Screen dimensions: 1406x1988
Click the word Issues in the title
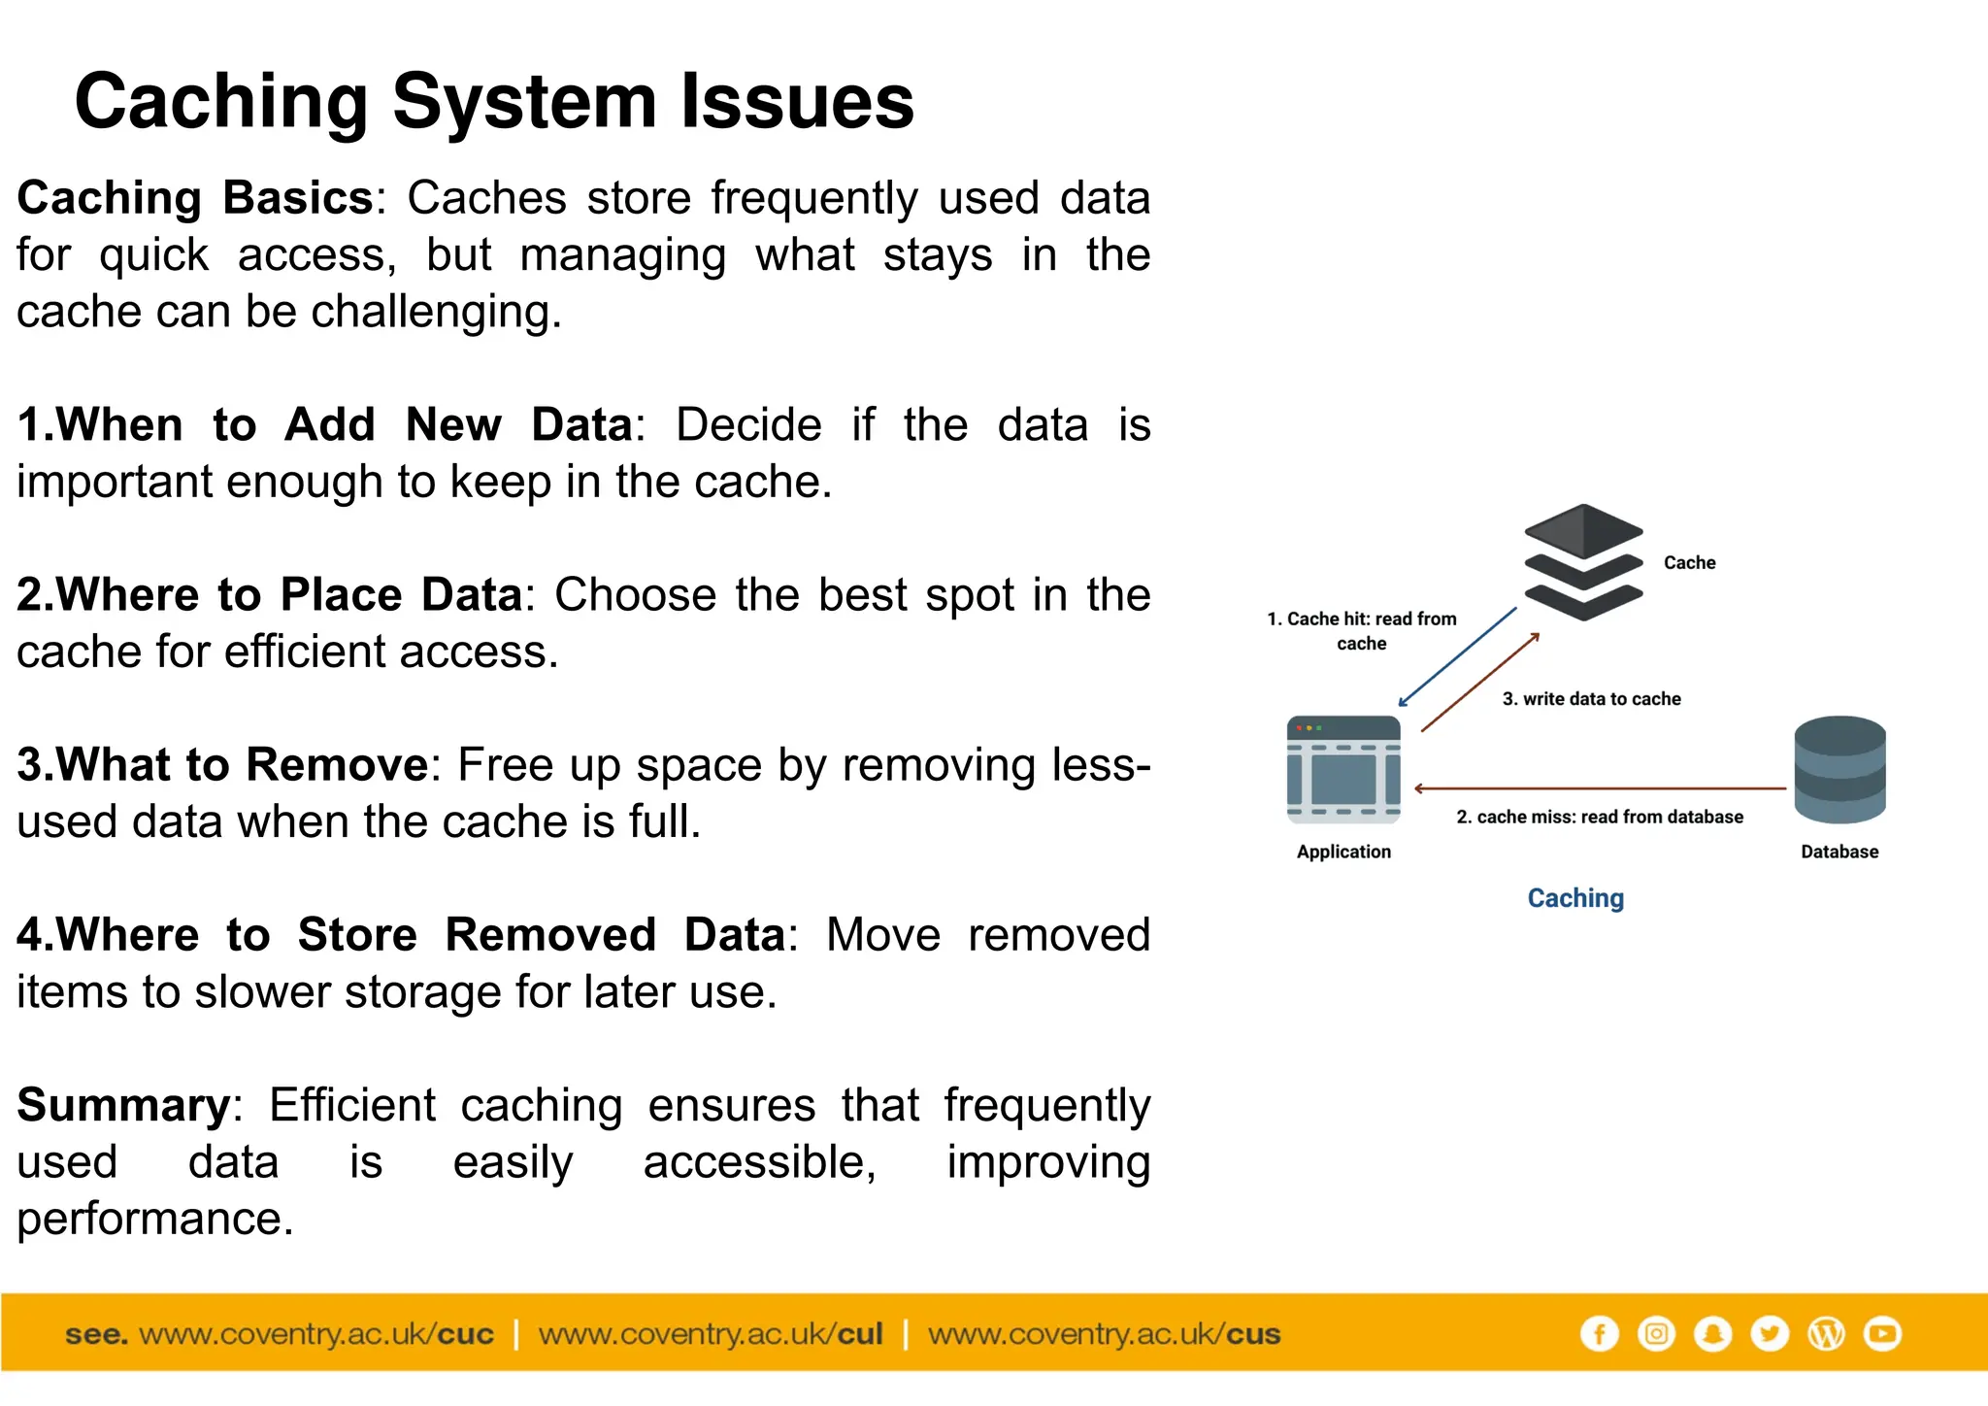[x=796, y=102]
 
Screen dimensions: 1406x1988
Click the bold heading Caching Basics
[x=194, y=198]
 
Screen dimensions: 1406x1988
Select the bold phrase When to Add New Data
[x=325, y=425]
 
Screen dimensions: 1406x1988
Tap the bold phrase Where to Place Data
[x=270, y=595]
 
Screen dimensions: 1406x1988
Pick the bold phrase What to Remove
[x=222, y=765]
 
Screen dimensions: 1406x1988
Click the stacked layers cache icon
[x=1582, y=562]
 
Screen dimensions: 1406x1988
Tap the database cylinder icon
[x=1839, y=769]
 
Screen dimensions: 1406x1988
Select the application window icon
[x=1343, y=769]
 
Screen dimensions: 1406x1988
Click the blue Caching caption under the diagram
[x=1575, y=898]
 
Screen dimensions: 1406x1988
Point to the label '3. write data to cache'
[x=1591, y=699]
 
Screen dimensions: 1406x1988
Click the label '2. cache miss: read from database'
[x=1599, y=818]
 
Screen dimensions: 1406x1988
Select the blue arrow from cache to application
[x=1456, y=658]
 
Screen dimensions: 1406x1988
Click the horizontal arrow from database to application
[x=1599, y=788]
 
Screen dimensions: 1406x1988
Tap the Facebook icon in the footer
[x=1599, y=1333]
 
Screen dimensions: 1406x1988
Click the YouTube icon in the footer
[x=1882, y=1333]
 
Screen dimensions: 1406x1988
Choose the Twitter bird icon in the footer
[x=1770, y=1333]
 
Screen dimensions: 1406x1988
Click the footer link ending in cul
[x=710, y=1334]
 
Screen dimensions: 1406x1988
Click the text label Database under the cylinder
[x=1839, y=852]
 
